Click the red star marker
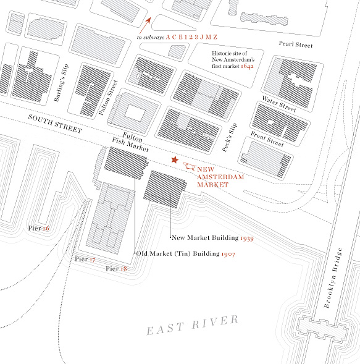click(x=175, y=159)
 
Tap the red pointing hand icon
click(x=190, y=166)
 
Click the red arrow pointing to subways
click(x=145, y=25)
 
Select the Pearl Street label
click(x=296, y=44)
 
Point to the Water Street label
click(x=279, y=104)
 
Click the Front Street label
click(x=267, y=139)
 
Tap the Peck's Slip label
click(x=230, y=137)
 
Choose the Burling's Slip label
click(x=61, y=82)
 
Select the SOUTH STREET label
click(x=55, y=124)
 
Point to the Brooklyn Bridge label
click(x=333, y=277)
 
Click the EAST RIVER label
click(x=193, y=325)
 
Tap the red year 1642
click(x=247, y=66)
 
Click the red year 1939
click(x=247, y=238)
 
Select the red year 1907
click(x=228, y=254)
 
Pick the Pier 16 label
click(x=38, y=228)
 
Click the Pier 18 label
click(x=116, y=269)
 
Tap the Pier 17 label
click(x=85, y=259)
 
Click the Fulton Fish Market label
click(x=130, y=142)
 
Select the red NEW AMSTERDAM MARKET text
click(x=220, y=177)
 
